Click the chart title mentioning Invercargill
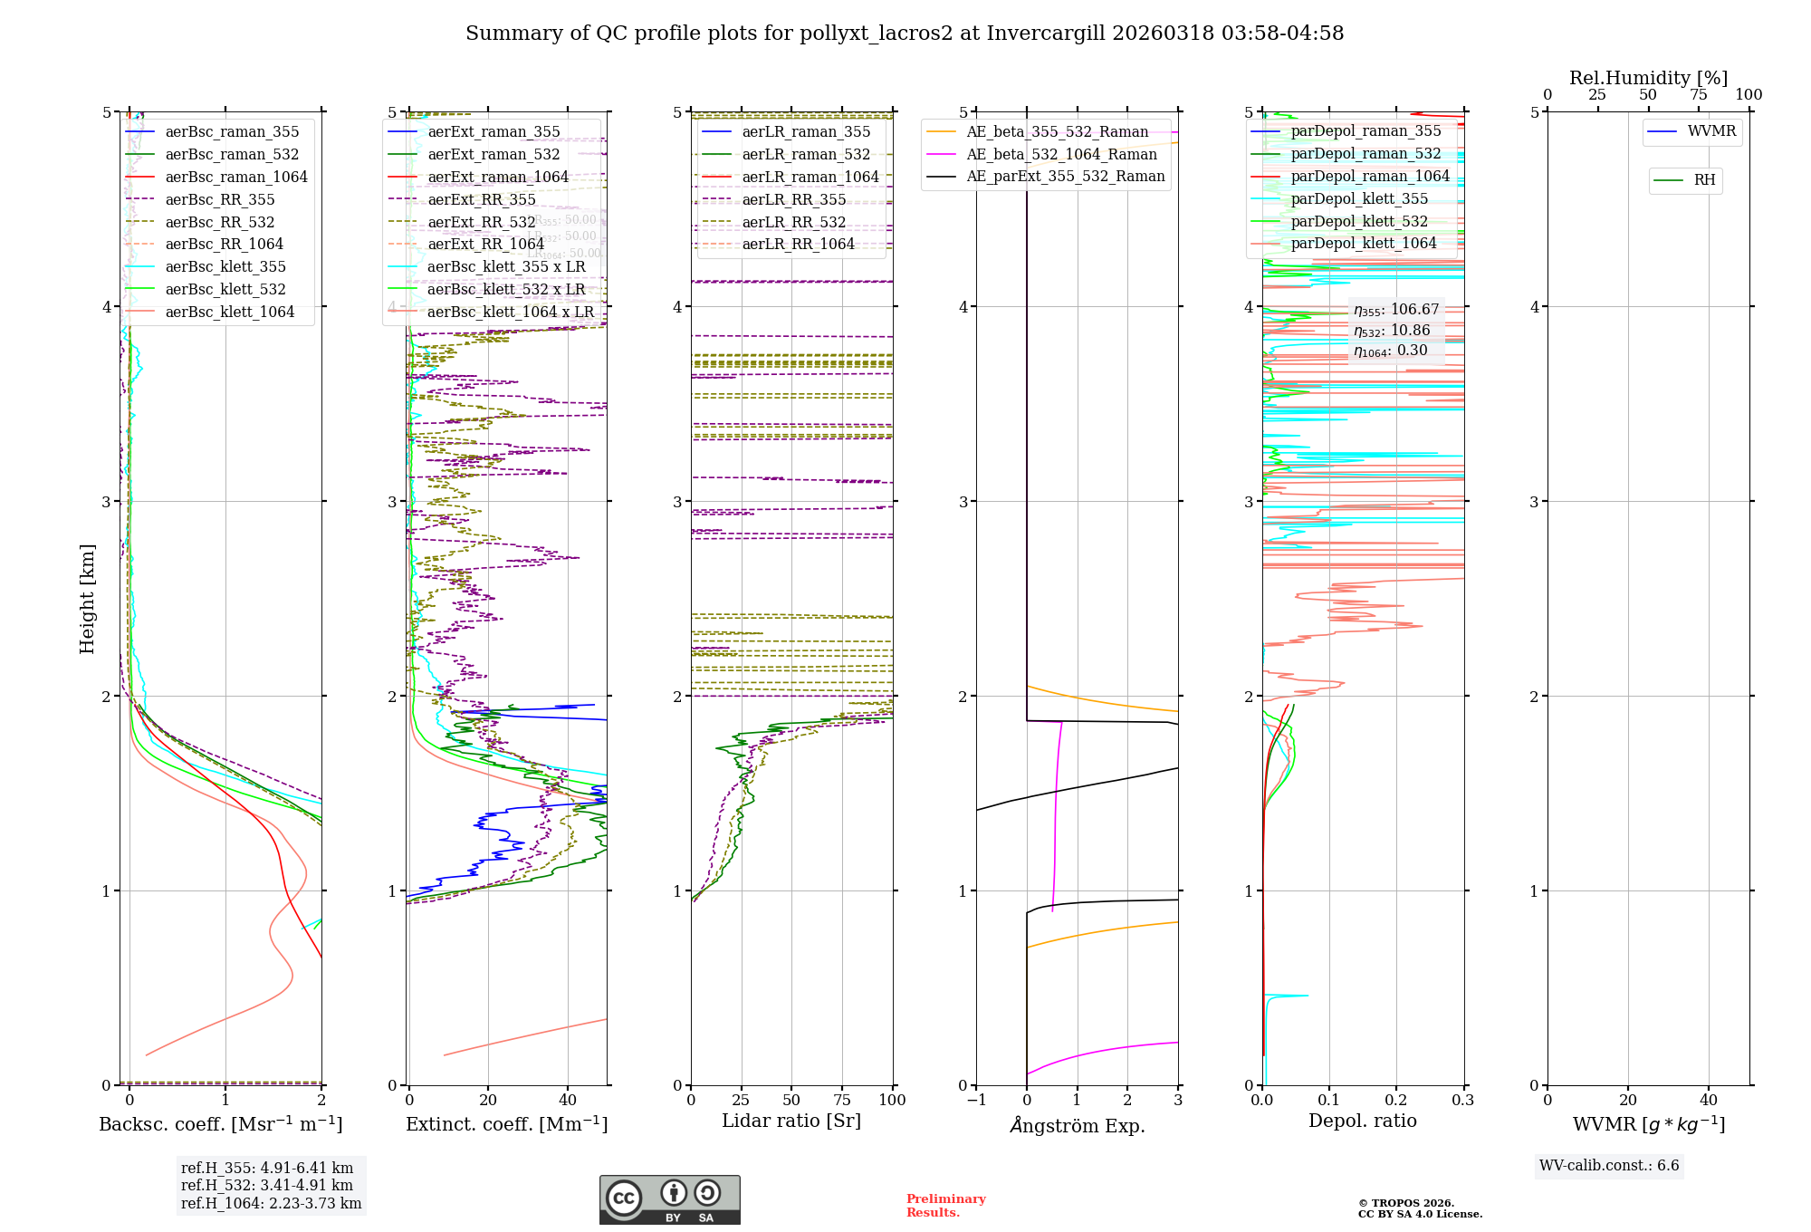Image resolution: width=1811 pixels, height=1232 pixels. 905,34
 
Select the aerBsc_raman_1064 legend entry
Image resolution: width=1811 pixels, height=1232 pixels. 235,178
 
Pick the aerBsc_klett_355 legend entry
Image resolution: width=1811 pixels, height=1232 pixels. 225,267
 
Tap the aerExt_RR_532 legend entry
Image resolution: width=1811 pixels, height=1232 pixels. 482,223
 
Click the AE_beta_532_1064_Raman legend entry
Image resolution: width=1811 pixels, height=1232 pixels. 1061,155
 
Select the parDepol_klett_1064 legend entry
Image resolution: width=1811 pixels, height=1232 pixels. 1364,244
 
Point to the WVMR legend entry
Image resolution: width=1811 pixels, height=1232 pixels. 1711,131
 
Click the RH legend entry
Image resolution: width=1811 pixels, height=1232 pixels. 1704,180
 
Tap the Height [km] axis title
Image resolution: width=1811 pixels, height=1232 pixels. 87,599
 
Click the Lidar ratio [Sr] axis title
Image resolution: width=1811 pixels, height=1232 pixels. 791,1121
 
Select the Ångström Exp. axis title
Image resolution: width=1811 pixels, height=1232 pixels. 1078,1126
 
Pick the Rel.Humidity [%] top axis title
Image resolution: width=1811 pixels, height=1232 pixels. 1648,78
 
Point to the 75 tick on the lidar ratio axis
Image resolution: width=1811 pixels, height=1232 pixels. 842,1101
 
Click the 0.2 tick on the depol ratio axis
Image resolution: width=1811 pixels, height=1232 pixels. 1396,1101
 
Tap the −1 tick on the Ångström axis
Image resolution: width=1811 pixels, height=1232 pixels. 975,1101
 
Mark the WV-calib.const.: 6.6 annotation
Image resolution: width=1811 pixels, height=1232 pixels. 1609,1166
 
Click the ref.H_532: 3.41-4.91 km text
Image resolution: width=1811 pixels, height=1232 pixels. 267,1186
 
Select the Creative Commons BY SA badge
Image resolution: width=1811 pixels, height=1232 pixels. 670,1200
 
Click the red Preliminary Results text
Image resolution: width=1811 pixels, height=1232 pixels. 945,1206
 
